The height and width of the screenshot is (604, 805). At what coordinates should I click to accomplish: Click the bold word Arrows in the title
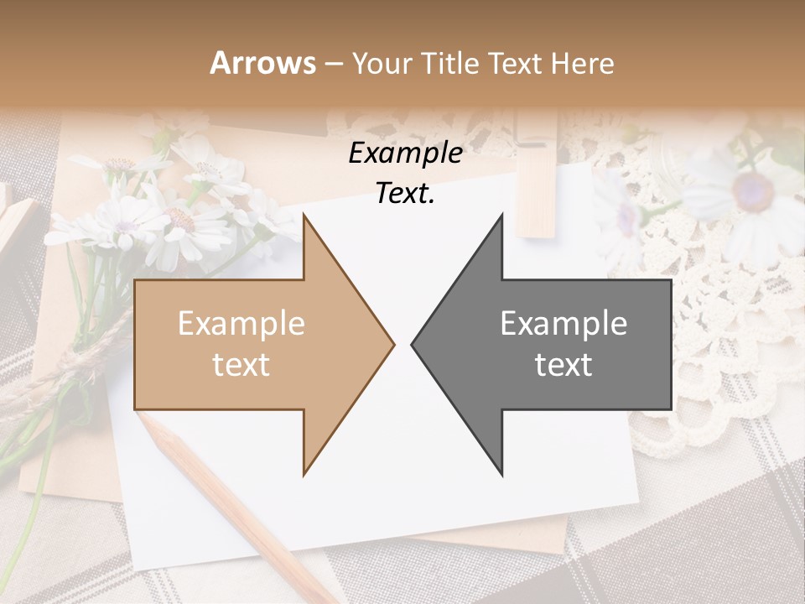[263, 63]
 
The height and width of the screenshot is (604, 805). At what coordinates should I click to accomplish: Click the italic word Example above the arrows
[405, 154]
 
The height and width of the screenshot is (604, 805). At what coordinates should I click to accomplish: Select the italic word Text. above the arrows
[405, 194]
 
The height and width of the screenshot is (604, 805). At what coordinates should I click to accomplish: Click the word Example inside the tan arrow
[241, 324]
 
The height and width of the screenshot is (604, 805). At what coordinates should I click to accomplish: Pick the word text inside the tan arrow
[241, 366]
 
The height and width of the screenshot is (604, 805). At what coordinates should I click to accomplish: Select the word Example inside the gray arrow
[563, 324]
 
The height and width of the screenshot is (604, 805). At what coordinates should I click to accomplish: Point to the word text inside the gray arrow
[563, 366]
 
